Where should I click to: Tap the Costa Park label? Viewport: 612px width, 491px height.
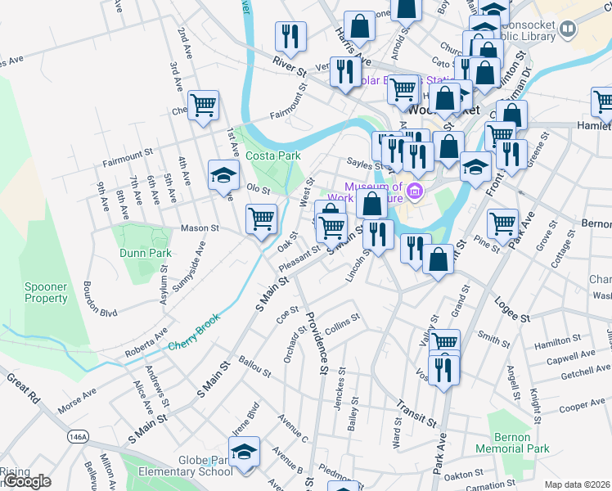pyautogui.click(x=276, y=155)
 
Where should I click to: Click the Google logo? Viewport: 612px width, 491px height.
pyautogui.click(x=26, y=481)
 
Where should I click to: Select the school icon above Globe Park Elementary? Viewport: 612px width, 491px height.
pyautogui.click(x=244, y=452)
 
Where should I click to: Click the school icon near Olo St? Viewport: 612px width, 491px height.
pyautogui.click(x=223, y=174)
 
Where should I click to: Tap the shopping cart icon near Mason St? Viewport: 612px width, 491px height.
pyautogui.click(x=261, y=218)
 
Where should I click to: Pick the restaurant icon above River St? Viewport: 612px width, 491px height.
pyautogui.click(x=290, y=35)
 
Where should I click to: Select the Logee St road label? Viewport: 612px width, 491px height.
pyautogui.click(x=514, y=312)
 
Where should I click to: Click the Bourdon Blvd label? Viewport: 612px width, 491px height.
pyautogui.click(x=100, y=299)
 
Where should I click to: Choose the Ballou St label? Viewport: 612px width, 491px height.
pyautogui.click(x=254, y=366)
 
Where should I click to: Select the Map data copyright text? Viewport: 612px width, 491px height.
pyautogui.click(x=577, y=484)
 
